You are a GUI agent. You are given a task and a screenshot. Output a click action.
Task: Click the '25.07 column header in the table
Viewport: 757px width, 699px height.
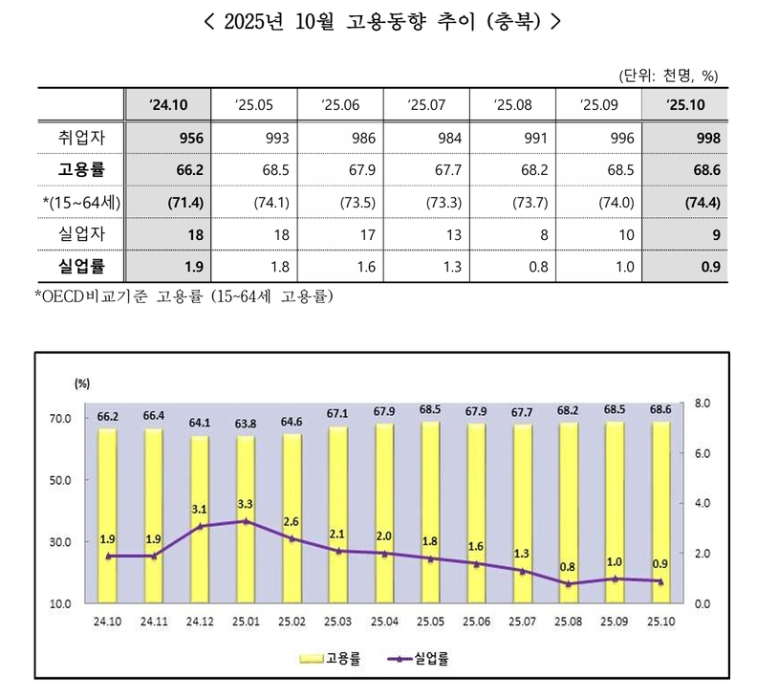(424, 103)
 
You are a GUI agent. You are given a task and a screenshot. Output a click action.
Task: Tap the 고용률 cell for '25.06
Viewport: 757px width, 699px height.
(340, 168)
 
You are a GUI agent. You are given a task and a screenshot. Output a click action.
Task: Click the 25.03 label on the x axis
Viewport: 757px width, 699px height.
(339, 621)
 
